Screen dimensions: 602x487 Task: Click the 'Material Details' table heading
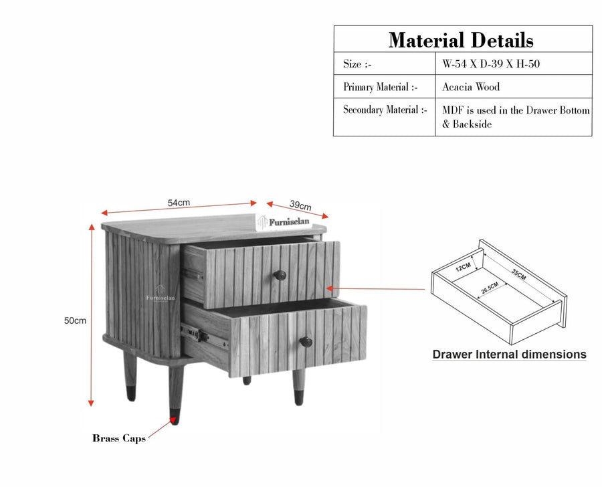[x=461, y=40]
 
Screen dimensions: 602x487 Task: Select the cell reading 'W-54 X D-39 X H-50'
[x=491, y=64]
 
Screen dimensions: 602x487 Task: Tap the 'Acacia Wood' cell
[x=471, y=87]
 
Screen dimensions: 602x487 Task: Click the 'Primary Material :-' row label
[x=381, y=87]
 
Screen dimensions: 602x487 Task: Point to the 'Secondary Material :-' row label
[x=385, y=110]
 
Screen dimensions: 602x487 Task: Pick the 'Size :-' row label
[x=357, y=64]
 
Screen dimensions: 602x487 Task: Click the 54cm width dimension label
[x=179, y=203]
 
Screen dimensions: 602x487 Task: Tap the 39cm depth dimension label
[x=300, y=205]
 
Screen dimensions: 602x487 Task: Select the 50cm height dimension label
[x=75, y=320]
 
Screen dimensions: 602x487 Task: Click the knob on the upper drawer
[x=280, y=275]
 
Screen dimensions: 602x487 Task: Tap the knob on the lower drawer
[x=306, y=341]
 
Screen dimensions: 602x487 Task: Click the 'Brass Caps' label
[x=119, y=438]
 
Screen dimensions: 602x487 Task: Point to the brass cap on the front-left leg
[x=175, y=417]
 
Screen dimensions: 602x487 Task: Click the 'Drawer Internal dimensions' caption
[x=510, y=355]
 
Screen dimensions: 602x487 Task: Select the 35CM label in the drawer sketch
[x=518, y=275]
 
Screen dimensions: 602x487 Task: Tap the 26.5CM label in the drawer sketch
[x=490, y=287]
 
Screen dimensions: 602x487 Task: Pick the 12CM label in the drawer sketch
[x=463, y=267]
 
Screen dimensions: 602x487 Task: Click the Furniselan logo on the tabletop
[x=284, y=222]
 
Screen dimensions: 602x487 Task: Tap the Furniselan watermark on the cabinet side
[x=160, y=294]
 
